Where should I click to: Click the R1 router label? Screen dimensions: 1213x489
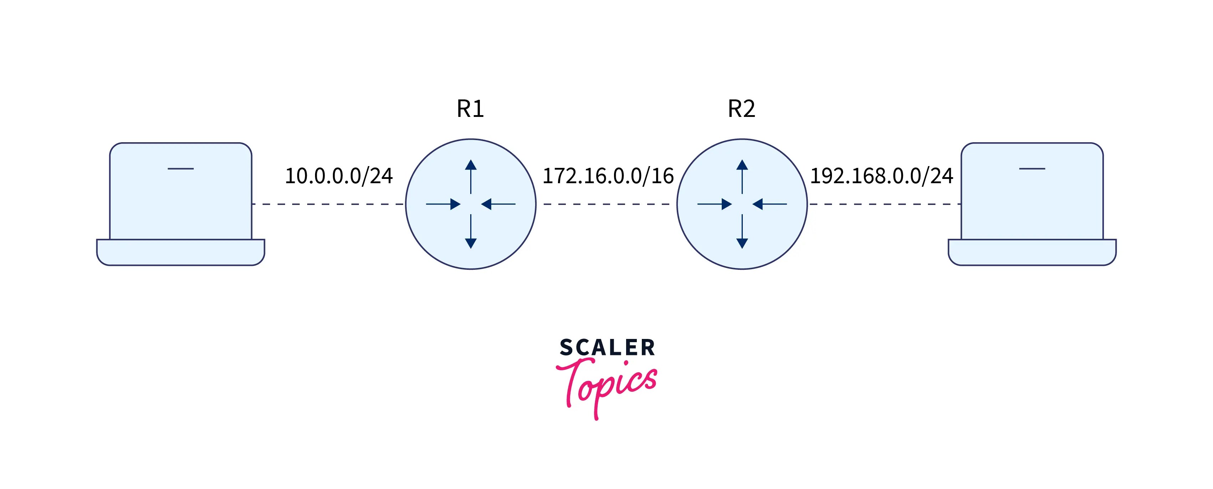470,109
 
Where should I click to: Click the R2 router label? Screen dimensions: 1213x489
741,109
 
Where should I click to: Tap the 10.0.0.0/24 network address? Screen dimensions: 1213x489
339,176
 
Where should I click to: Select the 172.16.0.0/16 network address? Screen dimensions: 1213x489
608,176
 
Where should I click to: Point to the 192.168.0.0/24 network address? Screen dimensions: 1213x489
881,176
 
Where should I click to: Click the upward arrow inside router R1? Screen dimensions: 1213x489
471,176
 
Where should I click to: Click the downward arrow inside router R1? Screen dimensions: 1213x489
471,232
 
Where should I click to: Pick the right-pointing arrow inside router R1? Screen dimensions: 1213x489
443,204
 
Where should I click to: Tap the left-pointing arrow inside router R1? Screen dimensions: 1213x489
498,204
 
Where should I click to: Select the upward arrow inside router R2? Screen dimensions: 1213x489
742,176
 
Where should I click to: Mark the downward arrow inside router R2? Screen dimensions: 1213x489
742,232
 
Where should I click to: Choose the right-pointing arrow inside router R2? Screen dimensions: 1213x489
714,204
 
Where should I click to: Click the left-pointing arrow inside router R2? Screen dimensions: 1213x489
770,204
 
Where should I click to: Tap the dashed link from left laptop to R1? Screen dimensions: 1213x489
328,204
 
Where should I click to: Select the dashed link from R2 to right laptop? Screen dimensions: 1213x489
884,204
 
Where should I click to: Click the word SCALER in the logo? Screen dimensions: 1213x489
607,348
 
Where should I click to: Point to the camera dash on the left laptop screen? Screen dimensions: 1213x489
181,169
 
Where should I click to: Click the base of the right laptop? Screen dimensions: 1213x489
1032,252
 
